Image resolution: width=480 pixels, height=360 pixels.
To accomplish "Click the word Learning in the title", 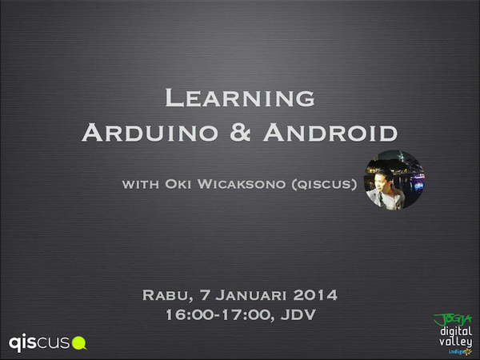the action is click(x=240, y=98).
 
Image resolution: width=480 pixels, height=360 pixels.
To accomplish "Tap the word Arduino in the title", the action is click(x=150, y=132).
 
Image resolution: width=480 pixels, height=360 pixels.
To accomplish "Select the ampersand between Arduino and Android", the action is click(x=240, y=132).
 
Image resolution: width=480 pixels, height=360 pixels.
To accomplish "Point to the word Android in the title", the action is click(x=330, y=132).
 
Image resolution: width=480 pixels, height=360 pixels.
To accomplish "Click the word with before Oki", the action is click(x=141, y=184).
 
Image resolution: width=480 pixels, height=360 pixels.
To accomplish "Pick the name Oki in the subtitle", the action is click(x=178, y=184).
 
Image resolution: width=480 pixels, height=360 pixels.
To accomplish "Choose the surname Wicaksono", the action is click(x=242, y=184).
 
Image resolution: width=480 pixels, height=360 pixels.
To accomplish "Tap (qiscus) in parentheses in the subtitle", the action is click(x=324, y=184).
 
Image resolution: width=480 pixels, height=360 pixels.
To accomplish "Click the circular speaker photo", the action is click(x=394, y=180).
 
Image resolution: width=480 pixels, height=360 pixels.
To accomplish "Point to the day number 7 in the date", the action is click(x=205, y=295).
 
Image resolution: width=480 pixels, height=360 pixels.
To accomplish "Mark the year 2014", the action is click(x=315, y=295).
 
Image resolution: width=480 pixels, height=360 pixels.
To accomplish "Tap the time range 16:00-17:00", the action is click(x=220, y=315).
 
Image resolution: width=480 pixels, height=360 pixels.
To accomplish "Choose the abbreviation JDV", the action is click(x=298, y=314).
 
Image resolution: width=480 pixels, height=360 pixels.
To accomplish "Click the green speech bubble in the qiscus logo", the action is click(x=79, y=343).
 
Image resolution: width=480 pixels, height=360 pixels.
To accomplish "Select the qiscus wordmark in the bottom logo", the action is click(x=39, y=343).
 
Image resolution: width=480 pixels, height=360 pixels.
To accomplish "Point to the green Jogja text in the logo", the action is click(x=453, y=320).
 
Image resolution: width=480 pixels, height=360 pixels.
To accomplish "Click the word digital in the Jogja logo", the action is click(x=455, y=331).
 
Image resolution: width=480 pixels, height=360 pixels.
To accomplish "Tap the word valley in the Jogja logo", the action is click(x=455, y=342).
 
